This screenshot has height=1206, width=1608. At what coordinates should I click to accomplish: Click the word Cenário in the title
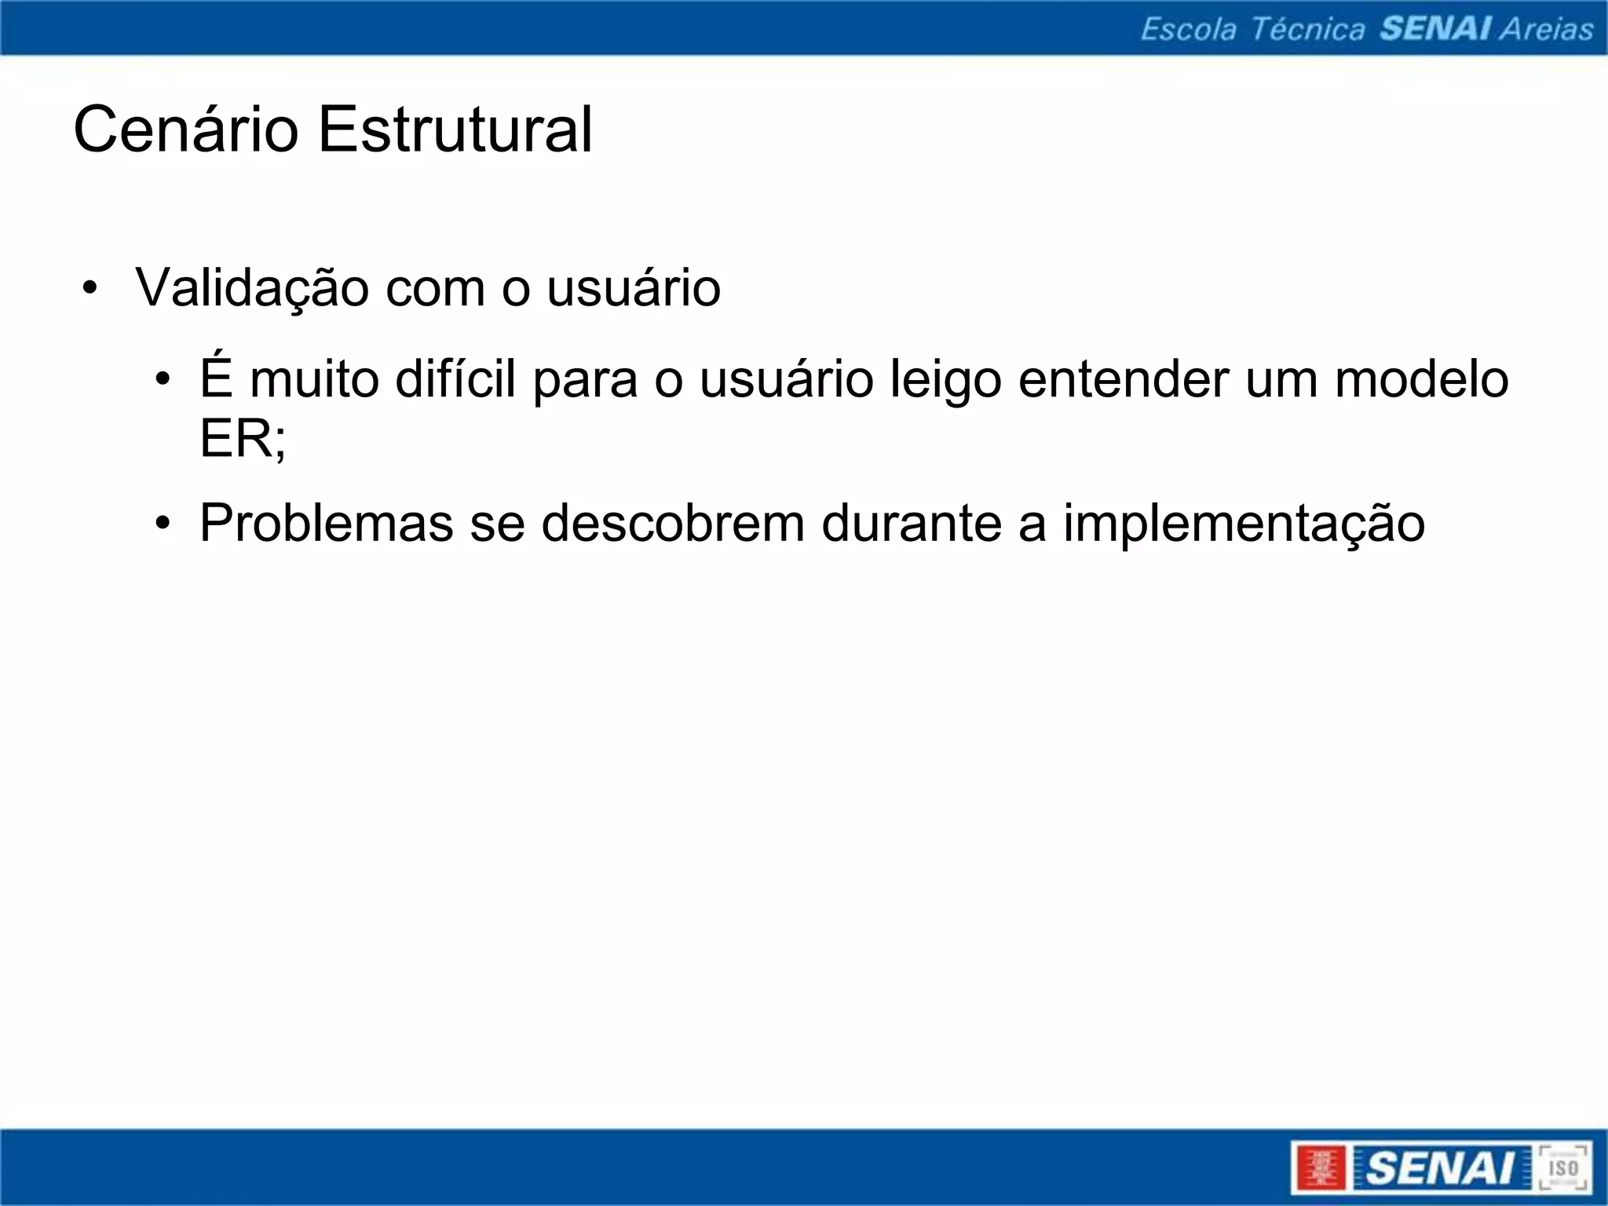click(x=185, y=130)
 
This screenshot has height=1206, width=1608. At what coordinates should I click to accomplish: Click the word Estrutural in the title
click(x=455, y=130)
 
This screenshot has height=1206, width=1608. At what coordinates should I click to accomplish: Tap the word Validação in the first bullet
click(x=252, y=288)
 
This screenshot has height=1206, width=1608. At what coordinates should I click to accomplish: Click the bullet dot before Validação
click(x=91, y=288)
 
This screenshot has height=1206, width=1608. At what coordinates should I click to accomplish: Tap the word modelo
click(x=1421, y=379)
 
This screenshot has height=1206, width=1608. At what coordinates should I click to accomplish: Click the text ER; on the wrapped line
click(x=243, y=438)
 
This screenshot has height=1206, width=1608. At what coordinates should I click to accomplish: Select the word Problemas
click(x=327, y=523)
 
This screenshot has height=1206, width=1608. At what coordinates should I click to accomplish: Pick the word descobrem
click(x=673, y=523)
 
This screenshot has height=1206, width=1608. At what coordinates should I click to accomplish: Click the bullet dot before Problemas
click(x=163, y=523)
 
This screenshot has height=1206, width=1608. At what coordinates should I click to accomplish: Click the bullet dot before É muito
click(x=163, y=379)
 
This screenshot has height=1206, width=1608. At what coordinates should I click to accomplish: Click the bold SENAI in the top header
click(x=1435, y=29)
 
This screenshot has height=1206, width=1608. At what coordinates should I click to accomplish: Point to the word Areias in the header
click(x=1547, y=29)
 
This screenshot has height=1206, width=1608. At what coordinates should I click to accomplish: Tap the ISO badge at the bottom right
click(x=1562, y=1168)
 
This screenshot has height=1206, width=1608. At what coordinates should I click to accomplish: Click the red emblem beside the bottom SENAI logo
click(x=1320, y=1168)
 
